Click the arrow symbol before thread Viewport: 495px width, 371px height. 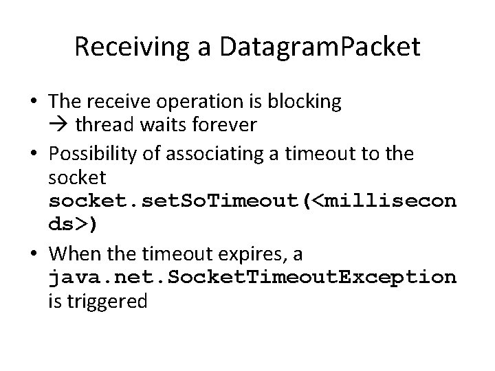pos(58,126)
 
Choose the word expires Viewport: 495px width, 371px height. pos(249,254)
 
